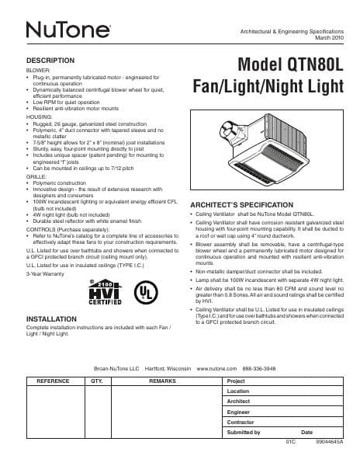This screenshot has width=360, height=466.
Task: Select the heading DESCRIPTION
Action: [x=50, y=60]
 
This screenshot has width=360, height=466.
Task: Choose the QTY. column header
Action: [x=97, y=381]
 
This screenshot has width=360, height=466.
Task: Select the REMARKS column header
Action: [x=163, y=381]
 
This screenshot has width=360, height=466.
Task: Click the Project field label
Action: [x=236, y=381]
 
